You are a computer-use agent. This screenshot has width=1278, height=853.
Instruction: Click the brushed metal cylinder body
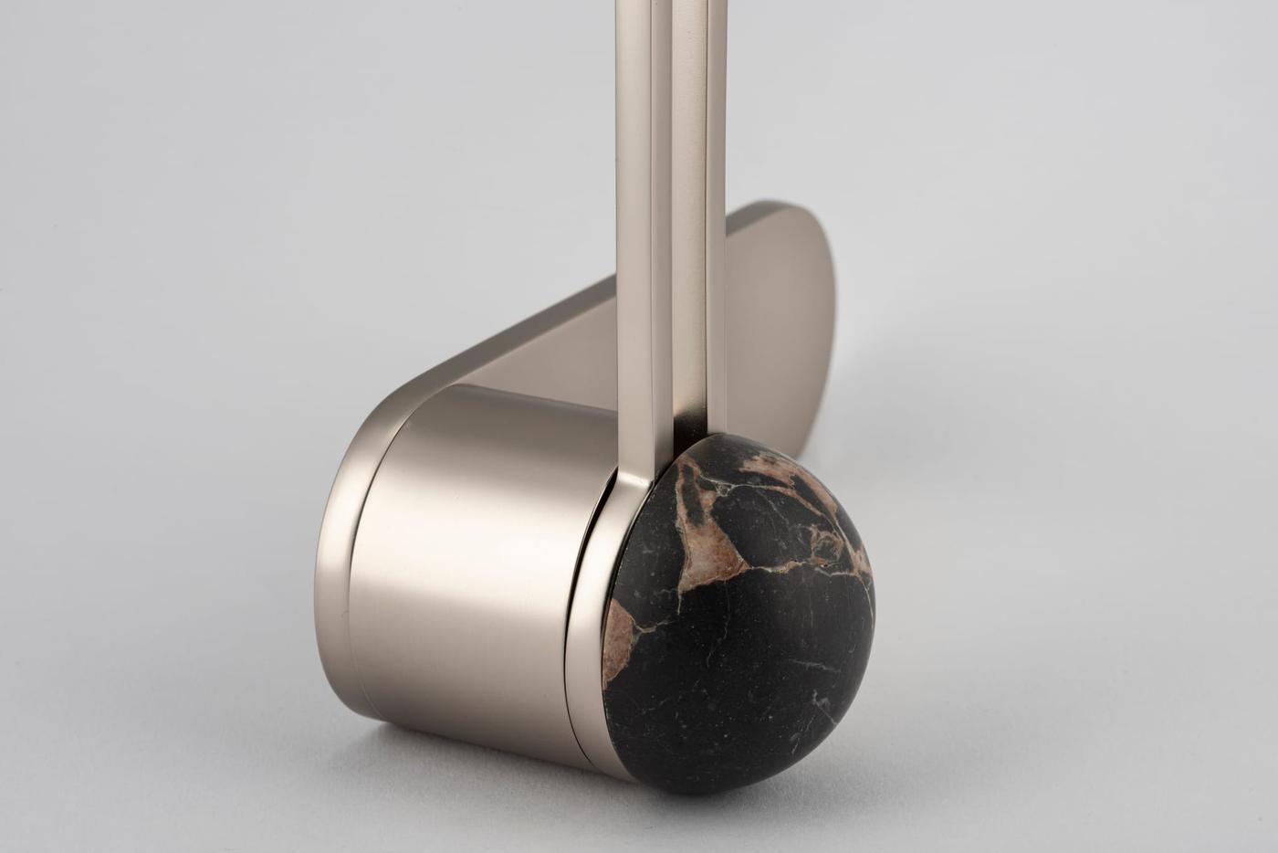pos(475,566)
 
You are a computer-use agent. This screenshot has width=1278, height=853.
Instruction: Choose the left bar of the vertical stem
pos(634,228)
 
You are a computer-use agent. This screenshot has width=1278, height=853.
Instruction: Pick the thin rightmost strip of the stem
pos(718,228)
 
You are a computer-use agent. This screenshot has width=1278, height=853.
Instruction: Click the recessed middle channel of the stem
pos(662,228)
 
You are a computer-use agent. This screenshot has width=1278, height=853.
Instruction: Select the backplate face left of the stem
pos(548,347)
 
